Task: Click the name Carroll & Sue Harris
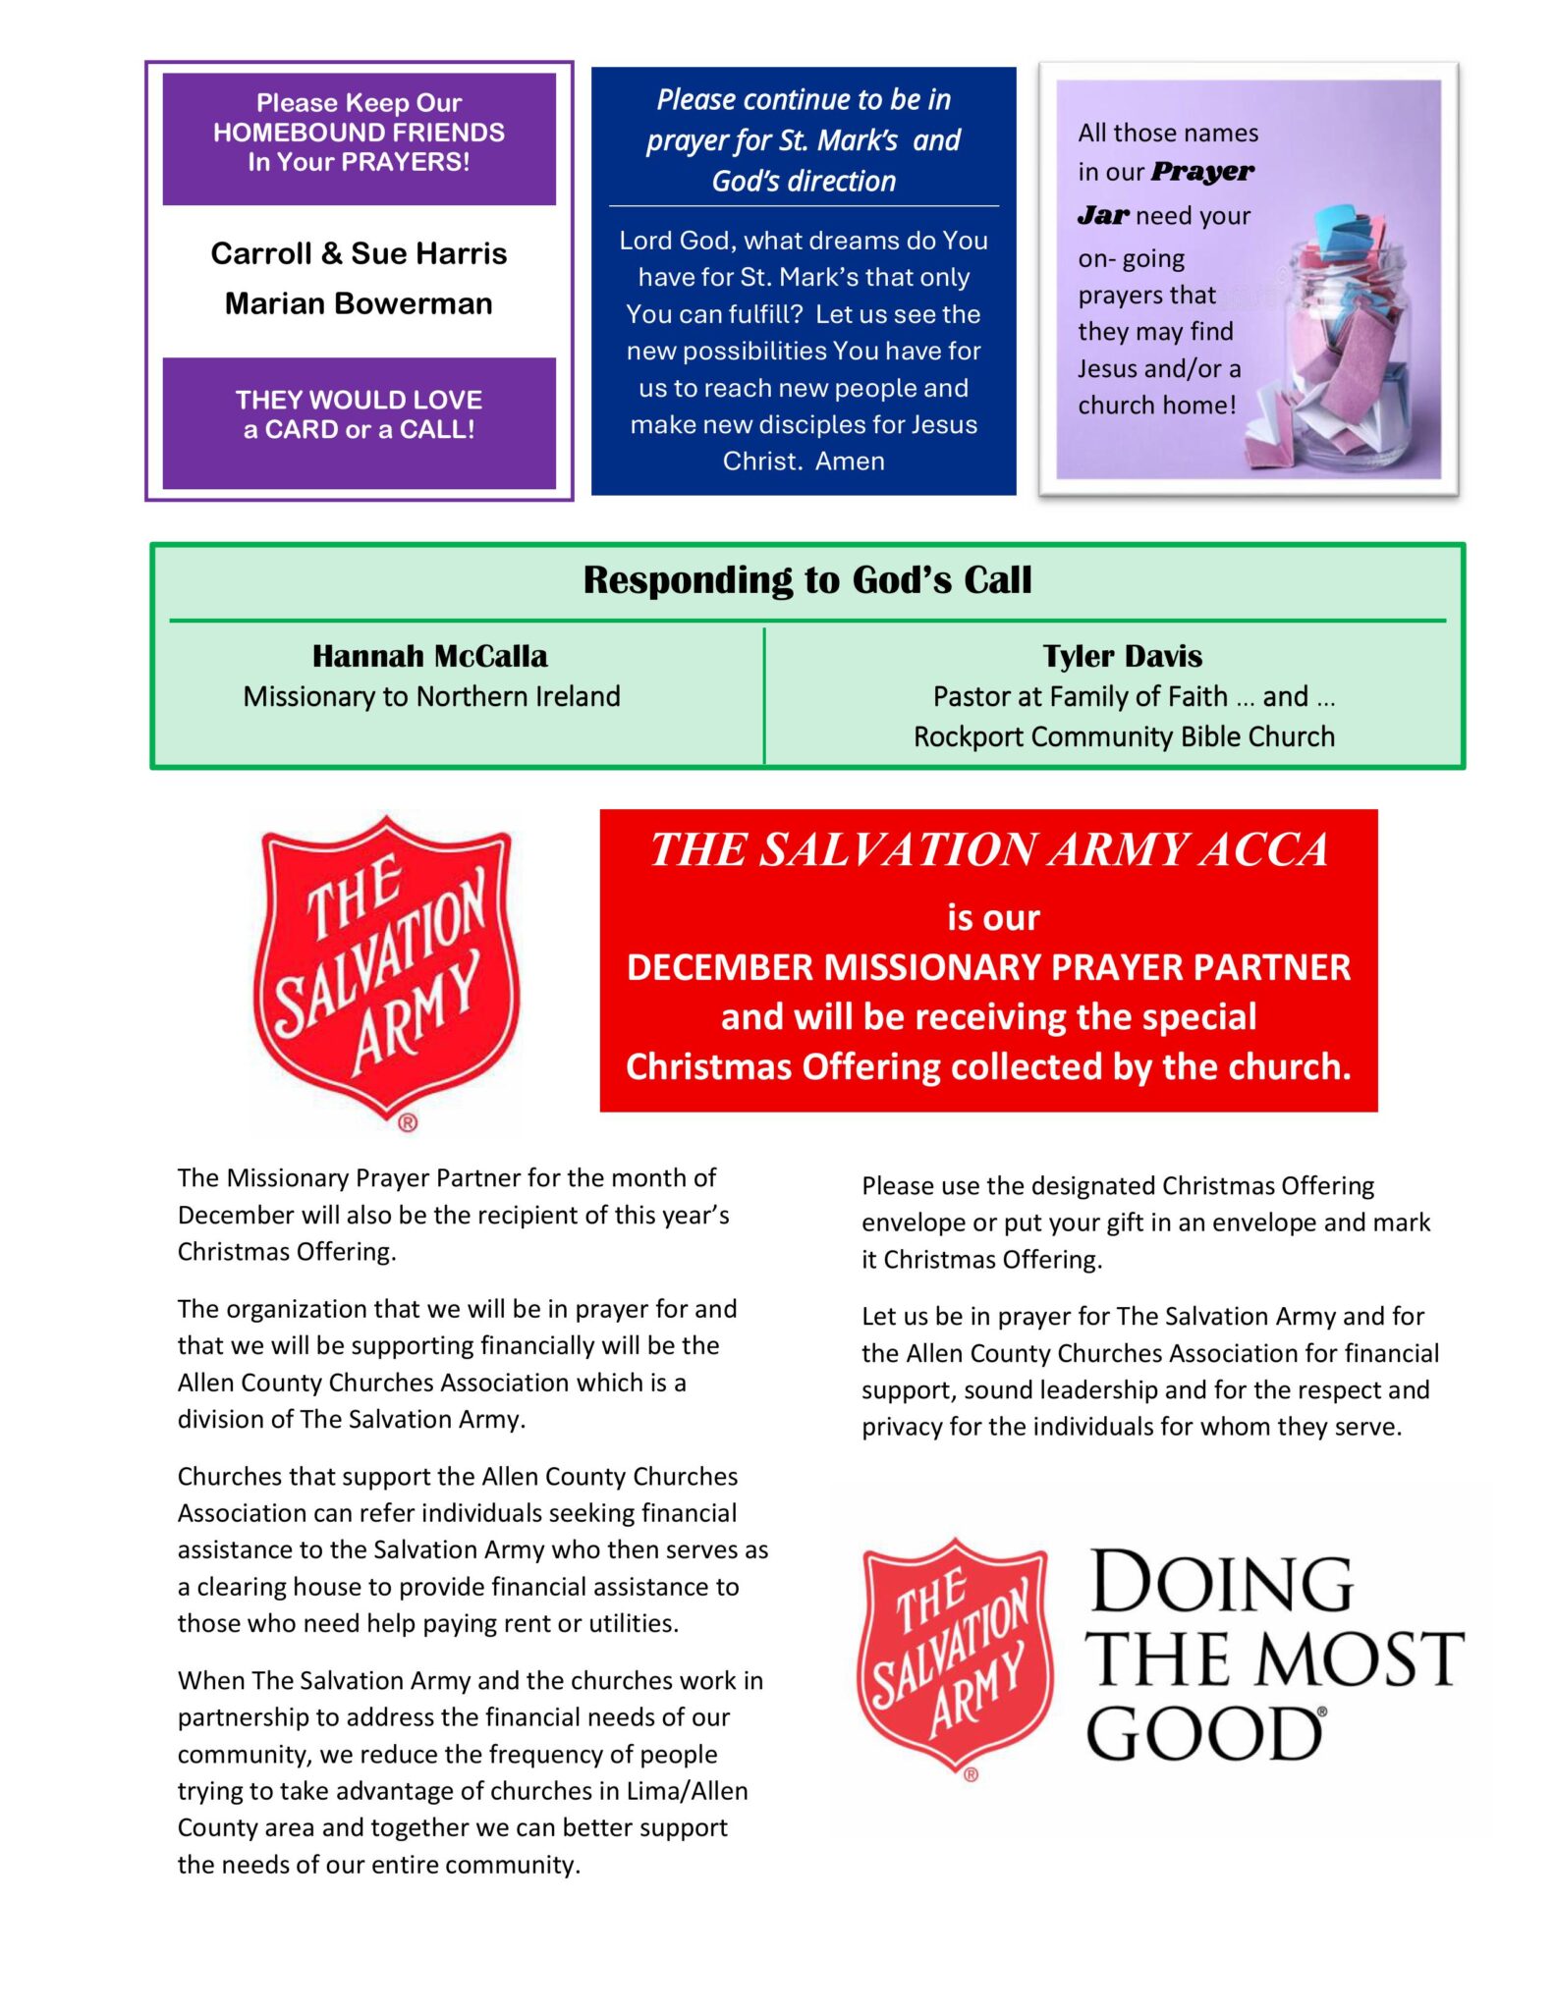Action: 359,253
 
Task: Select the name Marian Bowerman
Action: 359,303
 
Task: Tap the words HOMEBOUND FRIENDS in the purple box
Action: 359,133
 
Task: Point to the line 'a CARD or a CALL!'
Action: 359,429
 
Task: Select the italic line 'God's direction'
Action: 804,182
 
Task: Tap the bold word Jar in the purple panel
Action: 1102,215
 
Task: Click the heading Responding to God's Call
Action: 806,579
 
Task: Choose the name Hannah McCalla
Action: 429,656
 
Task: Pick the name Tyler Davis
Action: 1122,656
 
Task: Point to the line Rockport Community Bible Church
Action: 1124,736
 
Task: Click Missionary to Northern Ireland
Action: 431,696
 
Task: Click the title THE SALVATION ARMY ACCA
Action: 988,849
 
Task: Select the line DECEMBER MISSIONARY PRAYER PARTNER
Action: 988,967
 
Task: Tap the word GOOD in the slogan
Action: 1204,1734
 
